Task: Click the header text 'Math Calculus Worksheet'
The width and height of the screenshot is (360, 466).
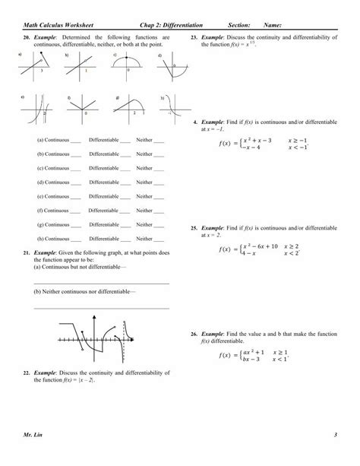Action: coord(57,25)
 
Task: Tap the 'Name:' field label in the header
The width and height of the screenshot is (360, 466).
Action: coord(274,25)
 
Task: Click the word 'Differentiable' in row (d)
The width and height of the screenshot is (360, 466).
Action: coord(104,182)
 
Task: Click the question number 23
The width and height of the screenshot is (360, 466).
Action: coord(194,37)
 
